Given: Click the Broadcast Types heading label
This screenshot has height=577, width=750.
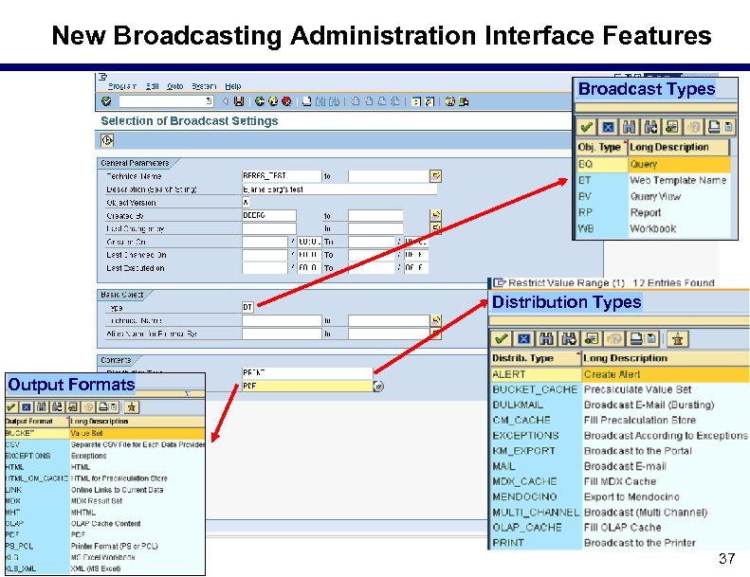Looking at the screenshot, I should tap(646, 89).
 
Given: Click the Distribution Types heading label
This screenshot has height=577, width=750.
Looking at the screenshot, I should tap(566, 302).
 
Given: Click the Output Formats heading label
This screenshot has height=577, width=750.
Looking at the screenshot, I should tap(71, 385).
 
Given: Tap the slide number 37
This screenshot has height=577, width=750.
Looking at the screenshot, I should tap(726, 559).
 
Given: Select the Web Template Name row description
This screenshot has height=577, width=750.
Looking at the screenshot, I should tap(678, 180).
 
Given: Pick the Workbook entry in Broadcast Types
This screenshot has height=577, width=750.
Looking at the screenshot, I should tap(653, 228).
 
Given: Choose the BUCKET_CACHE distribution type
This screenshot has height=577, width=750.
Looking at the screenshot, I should tap(535, 389).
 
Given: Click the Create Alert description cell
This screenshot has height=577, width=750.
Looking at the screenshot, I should tap(612, 374).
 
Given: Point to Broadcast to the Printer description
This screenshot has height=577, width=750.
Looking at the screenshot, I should tap(639, 543).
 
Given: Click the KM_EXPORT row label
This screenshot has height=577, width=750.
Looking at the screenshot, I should tap(524, 451).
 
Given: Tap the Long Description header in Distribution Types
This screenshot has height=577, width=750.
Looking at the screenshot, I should tap(626, 358).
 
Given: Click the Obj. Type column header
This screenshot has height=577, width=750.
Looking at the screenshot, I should tap(599, 147).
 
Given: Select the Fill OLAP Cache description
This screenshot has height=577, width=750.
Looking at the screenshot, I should tap(622, 528).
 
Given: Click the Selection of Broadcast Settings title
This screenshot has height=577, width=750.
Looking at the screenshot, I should tap(190, 121).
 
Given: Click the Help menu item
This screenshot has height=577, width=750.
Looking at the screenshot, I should tap(233, 86).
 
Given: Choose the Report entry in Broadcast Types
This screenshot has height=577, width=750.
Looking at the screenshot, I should tap(646, 212).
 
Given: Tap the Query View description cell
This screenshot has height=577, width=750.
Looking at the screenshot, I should tap(655, 196).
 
